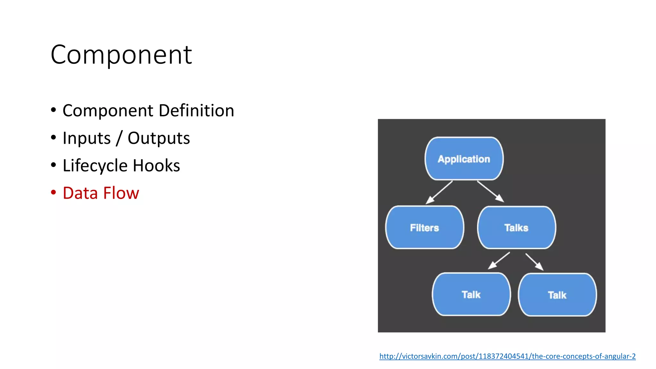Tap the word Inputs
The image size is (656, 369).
pos(86,138)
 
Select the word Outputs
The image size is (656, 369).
pos(159,138)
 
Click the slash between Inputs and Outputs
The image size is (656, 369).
pos(119,138)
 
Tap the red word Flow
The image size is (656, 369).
pos(121,193)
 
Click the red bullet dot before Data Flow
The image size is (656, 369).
pos(53,193)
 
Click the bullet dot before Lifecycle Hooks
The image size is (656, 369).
pos(53,165)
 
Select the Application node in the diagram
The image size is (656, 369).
pos(464,159)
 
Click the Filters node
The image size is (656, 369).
pos(424,228)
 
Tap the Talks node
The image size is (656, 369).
pos(516,228)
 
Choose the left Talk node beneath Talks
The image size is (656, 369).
pos(471,295)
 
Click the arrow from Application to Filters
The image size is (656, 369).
pos(439,192)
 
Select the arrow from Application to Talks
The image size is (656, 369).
pos(490,191)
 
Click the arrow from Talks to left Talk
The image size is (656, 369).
pos(499,260)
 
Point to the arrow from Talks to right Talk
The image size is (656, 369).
pos(534,262)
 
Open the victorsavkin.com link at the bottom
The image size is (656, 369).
pos(507,356)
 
